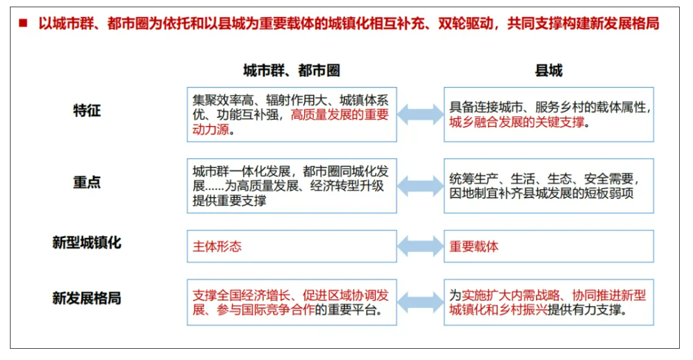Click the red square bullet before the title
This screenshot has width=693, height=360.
coord(23,22)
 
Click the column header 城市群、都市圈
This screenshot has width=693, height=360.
coord(291,71)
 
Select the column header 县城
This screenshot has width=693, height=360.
coord(549,71)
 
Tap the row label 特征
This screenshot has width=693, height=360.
coord(87,110)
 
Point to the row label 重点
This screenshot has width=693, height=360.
coord(87,182)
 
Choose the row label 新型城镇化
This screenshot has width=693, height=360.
coord(86,242)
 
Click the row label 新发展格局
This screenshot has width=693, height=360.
coord(86,298)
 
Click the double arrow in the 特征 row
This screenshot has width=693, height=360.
coord(420,115)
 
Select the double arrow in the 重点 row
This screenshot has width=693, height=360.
coord(420,186)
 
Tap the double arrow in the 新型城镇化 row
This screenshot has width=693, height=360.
coord(420,246)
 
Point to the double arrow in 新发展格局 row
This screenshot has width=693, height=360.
coord(420,302)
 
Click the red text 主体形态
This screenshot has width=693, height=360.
coord(217,246)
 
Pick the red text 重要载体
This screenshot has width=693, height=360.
coord(474,246)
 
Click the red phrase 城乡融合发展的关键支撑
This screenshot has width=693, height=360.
coord(517,122)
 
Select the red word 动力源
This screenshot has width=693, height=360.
coord(211,129)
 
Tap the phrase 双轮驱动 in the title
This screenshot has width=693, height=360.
coord(466,22)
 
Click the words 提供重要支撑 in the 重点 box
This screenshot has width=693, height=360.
coord(229,200)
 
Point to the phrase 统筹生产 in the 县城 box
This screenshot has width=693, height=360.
coord(474,179)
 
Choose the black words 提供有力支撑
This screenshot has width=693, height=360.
coord(584,310)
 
